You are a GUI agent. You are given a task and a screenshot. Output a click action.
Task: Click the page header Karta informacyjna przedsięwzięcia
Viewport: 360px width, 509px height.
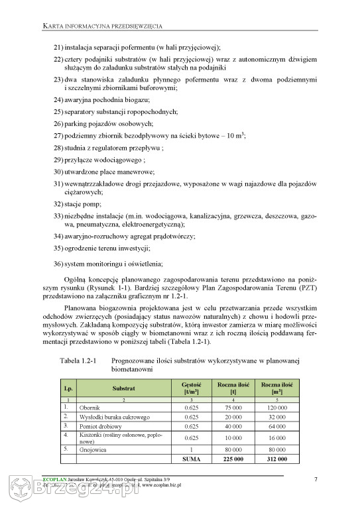pos(103,26)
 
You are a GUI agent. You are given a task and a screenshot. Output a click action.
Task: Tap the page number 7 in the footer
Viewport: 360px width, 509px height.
pos(315,479)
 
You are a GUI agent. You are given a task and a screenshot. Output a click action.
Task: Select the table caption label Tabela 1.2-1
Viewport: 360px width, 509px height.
pos(79,361)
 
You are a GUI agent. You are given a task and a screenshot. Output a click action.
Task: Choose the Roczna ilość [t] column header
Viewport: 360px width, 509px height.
pos(233,388)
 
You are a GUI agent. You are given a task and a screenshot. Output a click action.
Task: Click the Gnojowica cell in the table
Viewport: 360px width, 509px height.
pos(93,449)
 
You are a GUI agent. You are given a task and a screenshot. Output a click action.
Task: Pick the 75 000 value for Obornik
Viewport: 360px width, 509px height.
pos(233,407)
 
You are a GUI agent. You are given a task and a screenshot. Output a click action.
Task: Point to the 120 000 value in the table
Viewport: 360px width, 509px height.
pos(277,407)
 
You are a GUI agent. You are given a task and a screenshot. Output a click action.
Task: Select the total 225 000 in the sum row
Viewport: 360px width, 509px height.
pos(233,459)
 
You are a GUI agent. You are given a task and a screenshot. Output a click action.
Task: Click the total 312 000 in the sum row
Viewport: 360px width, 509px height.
pos(277,459)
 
